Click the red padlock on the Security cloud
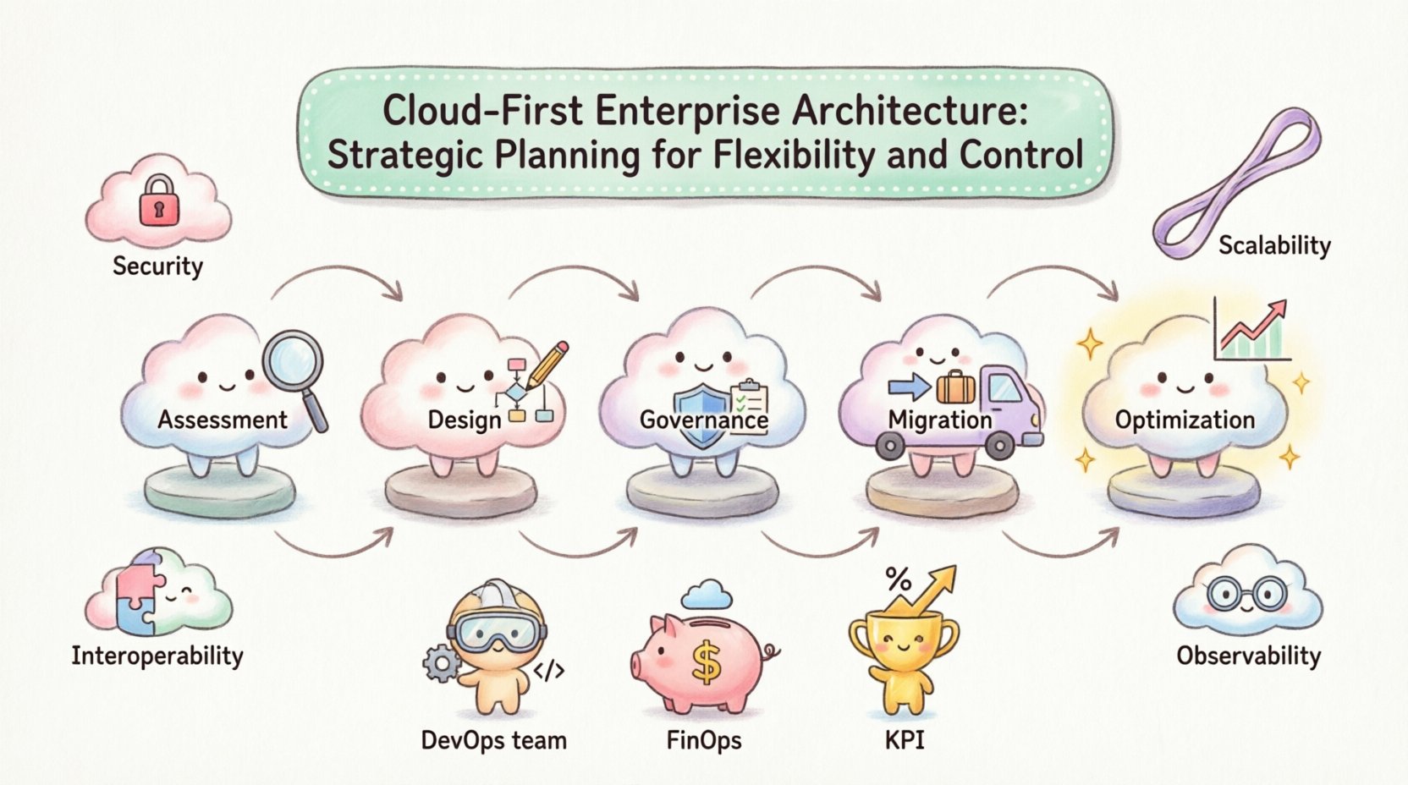click(158, 201)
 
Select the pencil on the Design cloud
click(548, 365)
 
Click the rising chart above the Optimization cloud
click(1251, 331)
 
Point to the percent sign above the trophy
click(898, 580)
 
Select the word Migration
click(939, 420)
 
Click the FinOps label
click(703, 740)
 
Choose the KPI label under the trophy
click(904, 740)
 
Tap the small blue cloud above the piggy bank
click(706, 595)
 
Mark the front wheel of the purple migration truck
click(1000, 444)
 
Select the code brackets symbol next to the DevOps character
click(548, 671)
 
